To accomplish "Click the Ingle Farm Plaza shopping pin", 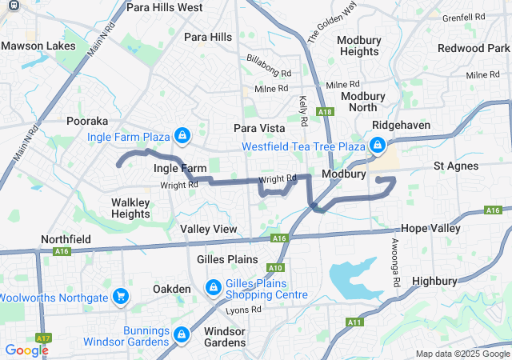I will click(182, 134).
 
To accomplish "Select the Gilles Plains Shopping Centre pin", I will click(214, 286).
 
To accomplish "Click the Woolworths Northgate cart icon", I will click(121, 297).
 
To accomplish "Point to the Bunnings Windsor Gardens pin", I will click(182, 333).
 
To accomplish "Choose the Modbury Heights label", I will click(358, 46).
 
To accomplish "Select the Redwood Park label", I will click(472, 48).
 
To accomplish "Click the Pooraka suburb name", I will click(87, 121).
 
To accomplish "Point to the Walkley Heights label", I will click(130, 208).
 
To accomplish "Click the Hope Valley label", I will click(430, 228).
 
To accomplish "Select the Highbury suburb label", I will click(434, 281).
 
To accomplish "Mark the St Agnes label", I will click(456, 166).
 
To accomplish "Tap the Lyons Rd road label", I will click(243, 310).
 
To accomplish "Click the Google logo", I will click(26, 350).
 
